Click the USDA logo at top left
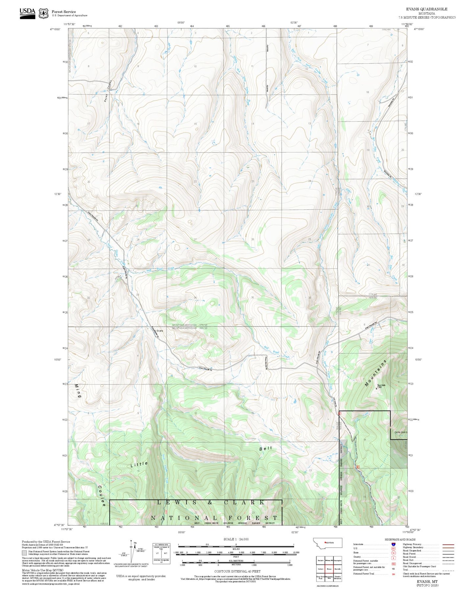tap(27, 13)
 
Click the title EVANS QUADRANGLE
tap(426, 9)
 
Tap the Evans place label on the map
tap(160, 331)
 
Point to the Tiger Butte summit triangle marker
tap(376, 388)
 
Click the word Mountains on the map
tap(376, 373)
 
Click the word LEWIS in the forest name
tap(177, 502)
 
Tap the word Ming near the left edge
tap(78, 391)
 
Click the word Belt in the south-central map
tap(266, 448)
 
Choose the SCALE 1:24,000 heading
tap(236, 539)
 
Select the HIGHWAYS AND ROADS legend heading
tap(400, 539)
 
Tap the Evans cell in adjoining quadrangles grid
tap(329, 569)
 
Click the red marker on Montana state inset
tap(325, 542)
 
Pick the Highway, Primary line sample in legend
tap(448, 544)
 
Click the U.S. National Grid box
tap(161, 553)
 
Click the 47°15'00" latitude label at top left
tap(55, 29)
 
